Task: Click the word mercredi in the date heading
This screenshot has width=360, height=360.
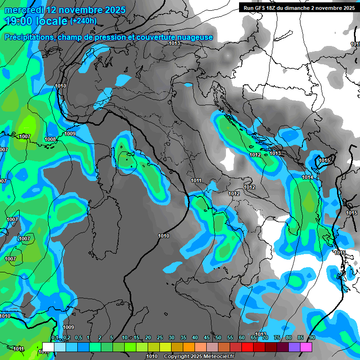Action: point(24,10)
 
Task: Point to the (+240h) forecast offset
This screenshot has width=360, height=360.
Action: point(83,21)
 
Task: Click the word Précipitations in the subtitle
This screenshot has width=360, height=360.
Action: point(29,37)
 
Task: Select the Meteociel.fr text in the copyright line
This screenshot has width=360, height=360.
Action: point(220,356)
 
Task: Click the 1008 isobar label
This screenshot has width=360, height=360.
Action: point(51,139)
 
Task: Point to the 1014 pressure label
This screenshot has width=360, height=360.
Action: point(307,177)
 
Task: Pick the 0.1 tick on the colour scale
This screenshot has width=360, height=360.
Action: point(54,338)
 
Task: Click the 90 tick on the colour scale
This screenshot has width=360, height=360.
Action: point(312,338)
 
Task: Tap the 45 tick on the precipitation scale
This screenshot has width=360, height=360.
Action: point(207,338)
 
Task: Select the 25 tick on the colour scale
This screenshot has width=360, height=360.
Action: point(160,338)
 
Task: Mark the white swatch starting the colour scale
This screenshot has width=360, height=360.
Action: point(48,347)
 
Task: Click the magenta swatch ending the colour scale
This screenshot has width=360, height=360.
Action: point(306,347)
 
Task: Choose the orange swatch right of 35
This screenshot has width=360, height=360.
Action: point(189,347)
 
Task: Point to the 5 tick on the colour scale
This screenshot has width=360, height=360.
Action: point(112,338)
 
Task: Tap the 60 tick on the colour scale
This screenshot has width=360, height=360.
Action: point(242,338)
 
